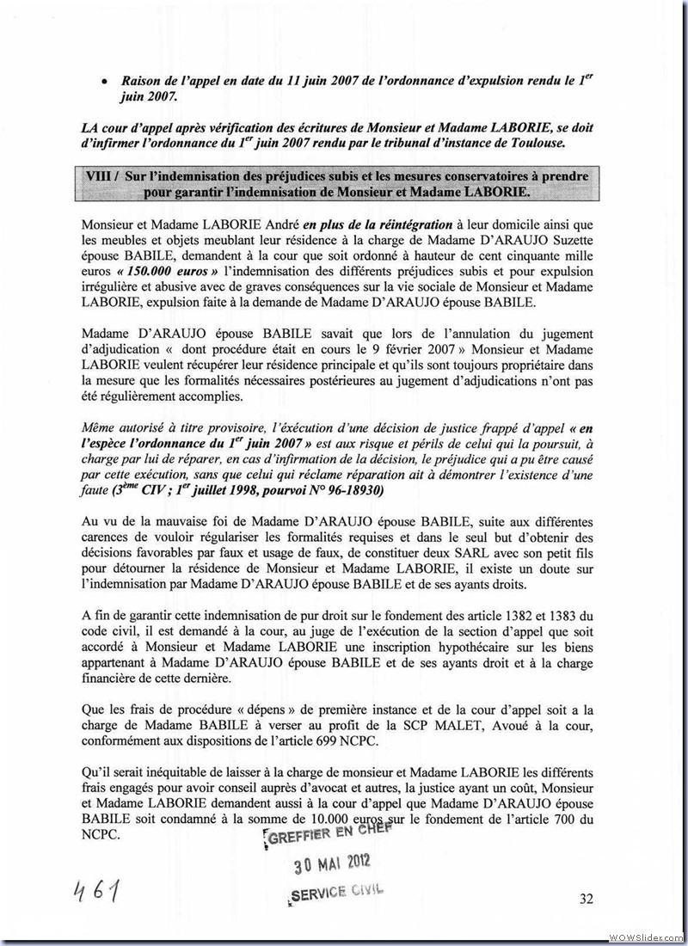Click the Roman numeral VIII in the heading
click(101, 176)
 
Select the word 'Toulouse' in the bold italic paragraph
click(561, 141)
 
